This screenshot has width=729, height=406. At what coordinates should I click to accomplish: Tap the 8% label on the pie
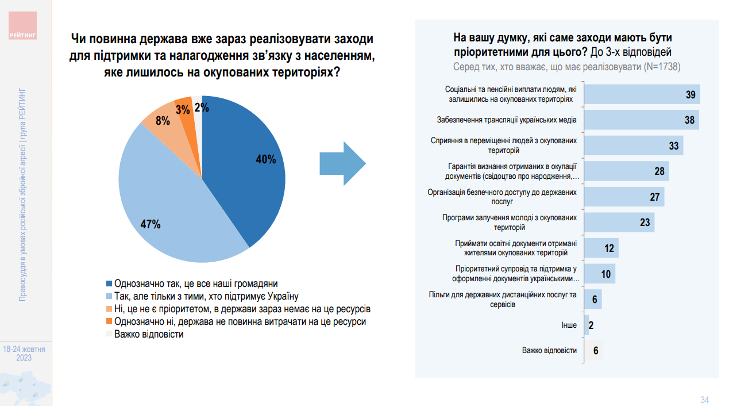(163, 121)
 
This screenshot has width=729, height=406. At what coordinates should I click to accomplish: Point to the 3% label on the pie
(183, 109)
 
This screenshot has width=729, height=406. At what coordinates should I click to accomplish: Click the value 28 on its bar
(659, 171)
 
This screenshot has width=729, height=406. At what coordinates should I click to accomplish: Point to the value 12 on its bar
(609, 248)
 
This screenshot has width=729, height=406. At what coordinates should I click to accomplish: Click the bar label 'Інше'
(569, 325)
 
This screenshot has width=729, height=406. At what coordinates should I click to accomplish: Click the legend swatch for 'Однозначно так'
(109, 284)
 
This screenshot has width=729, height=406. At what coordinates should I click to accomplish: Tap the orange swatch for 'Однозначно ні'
(109, 321)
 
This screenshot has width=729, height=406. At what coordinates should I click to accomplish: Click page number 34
(705, 400)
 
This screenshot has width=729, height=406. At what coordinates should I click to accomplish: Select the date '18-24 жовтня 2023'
(24, 353)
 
